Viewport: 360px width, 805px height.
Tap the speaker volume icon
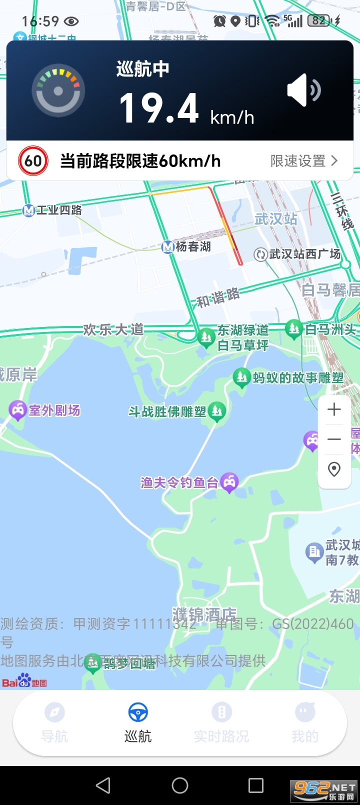pos(303,91)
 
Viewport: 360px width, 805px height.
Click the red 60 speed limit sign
pos(33,161)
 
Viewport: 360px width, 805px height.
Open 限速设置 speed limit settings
pos(304,161)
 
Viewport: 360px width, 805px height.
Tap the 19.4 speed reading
pos(159,108)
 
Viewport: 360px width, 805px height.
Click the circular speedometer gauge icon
pos(58,91)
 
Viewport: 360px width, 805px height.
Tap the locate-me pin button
pos(334,469)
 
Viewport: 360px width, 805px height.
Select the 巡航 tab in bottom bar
pos(138,722)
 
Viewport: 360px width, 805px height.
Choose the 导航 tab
pos(54,722)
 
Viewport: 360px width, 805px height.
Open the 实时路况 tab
pos(221,722)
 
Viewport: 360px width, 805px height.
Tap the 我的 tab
pos(305,722)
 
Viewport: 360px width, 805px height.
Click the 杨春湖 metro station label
pos(192,246)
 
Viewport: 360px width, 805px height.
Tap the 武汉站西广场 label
pos(304,254)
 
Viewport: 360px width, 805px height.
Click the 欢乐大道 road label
pos(113,330)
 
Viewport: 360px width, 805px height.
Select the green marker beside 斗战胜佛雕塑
pos(217,411)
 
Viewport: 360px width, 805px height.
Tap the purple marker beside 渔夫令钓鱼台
pos(229,482)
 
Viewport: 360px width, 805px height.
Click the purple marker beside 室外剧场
pos(17,410)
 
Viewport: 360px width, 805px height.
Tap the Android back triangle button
pos(103,785)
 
